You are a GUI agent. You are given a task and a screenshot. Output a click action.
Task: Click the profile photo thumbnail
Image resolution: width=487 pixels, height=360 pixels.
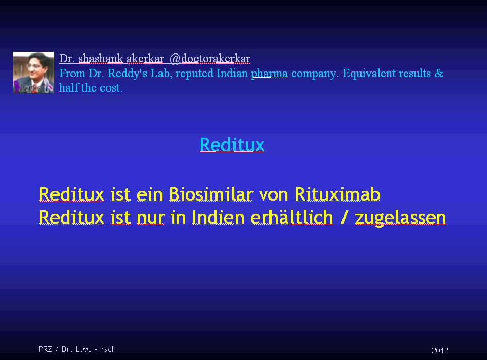33,73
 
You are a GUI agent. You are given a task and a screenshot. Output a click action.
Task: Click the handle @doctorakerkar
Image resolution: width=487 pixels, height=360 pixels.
210,59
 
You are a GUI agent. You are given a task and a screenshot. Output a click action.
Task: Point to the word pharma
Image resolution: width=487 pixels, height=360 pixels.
269,74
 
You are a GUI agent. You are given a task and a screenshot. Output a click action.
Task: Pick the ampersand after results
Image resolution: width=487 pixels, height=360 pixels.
439,74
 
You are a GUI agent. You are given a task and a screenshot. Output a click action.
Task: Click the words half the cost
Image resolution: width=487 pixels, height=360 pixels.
91,88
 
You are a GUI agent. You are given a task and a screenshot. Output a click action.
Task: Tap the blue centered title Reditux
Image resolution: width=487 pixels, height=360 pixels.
232,145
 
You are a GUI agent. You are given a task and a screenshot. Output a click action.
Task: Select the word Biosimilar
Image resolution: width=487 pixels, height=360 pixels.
211,194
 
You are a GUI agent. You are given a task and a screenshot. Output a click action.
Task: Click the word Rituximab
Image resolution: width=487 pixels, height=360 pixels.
337,194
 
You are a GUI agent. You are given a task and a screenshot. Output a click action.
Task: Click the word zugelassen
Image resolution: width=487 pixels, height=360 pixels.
401,218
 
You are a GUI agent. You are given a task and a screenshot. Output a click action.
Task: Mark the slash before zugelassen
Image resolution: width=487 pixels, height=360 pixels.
344,218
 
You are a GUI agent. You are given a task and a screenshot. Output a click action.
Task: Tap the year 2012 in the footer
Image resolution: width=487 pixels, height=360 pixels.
440,351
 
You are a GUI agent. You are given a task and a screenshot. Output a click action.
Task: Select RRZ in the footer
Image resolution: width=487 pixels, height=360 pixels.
45,349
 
